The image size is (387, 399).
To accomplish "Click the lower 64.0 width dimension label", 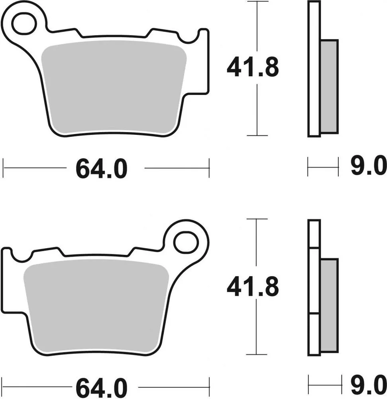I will (102, 387).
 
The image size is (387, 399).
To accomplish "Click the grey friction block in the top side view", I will (329, 86).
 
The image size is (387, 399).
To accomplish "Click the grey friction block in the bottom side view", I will (329, 305).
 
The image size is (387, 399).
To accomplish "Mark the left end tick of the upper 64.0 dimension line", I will (4, 168).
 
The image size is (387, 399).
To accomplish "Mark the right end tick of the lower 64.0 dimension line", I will (209, 387).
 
